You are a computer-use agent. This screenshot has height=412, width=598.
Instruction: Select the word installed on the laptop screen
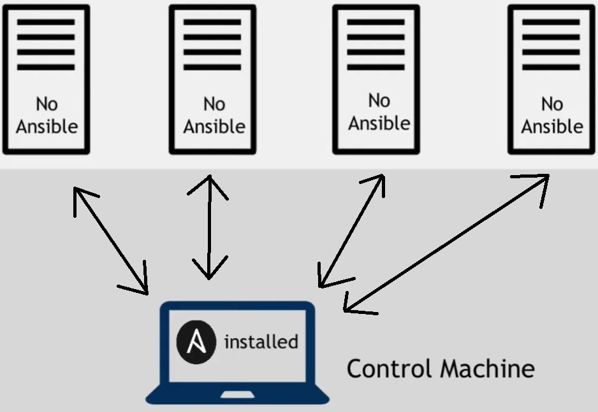[x=261, y=342]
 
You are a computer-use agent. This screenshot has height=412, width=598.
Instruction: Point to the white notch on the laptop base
[x=237, y=395]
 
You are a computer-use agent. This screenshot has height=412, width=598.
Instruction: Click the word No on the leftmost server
[x=47, y=104]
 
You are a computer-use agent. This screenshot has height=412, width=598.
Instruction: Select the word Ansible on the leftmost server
[x=47, y=126]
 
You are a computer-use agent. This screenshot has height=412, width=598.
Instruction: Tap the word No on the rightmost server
[x=552, y=104]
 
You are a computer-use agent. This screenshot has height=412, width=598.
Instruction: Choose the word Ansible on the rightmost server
[x=552, y=126]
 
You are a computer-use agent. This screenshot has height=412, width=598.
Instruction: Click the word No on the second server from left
[x=214, y=104]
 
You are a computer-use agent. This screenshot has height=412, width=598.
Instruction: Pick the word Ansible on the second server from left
[x=214, y=126]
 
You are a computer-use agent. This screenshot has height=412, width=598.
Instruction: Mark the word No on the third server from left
[x=379, y=101]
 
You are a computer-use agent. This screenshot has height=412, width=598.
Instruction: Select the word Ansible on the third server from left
[x=379, y=122]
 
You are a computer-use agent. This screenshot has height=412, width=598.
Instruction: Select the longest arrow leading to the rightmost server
[x=446, y=242]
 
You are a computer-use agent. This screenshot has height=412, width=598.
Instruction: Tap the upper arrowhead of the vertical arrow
[x=208, y=185]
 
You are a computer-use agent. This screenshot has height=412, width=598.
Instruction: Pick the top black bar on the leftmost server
[x=46, y=22]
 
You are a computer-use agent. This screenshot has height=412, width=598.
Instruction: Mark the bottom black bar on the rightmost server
[x=551, y=67]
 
